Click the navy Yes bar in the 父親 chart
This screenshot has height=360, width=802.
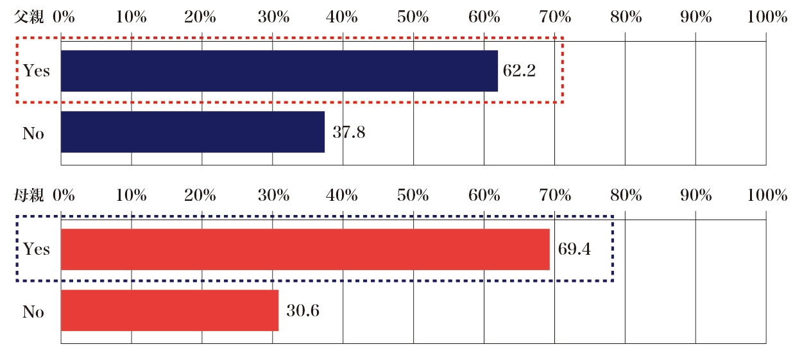279,71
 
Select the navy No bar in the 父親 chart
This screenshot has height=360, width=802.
192,132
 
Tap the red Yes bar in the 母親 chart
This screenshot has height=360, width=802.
305,249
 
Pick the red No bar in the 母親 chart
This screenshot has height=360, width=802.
169,310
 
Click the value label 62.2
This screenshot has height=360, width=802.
519,71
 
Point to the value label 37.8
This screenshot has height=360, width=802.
349,132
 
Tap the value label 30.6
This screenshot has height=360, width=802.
303,311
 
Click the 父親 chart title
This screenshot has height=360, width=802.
30,17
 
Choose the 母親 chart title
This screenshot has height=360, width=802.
30,196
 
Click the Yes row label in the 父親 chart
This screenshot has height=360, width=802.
36,71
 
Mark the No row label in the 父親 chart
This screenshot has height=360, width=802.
33,133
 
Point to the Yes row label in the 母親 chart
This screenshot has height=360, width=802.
36,249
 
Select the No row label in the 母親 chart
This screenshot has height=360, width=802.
33,312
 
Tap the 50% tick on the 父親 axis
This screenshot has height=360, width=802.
414,17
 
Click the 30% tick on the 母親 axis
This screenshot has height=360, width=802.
273,196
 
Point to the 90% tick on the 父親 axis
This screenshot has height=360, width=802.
696,17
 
